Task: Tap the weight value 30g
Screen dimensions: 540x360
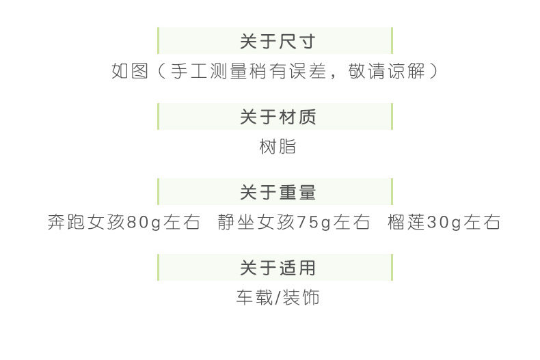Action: pos(445,223)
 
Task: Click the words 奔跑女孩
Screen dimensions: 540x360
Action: pos(87,223)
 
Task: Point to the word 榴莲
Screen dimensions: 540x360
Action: pos(407,223)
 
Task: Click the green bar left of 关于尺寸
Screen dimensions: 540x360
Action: pos(158,41)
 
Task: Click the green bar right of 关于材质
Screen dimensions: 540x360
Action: pos(392,117)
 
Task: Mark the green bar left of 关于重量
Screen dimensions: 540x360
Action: pos(158,193)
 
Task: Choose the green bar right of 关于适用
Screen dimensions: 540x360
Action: pos(392,268)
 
